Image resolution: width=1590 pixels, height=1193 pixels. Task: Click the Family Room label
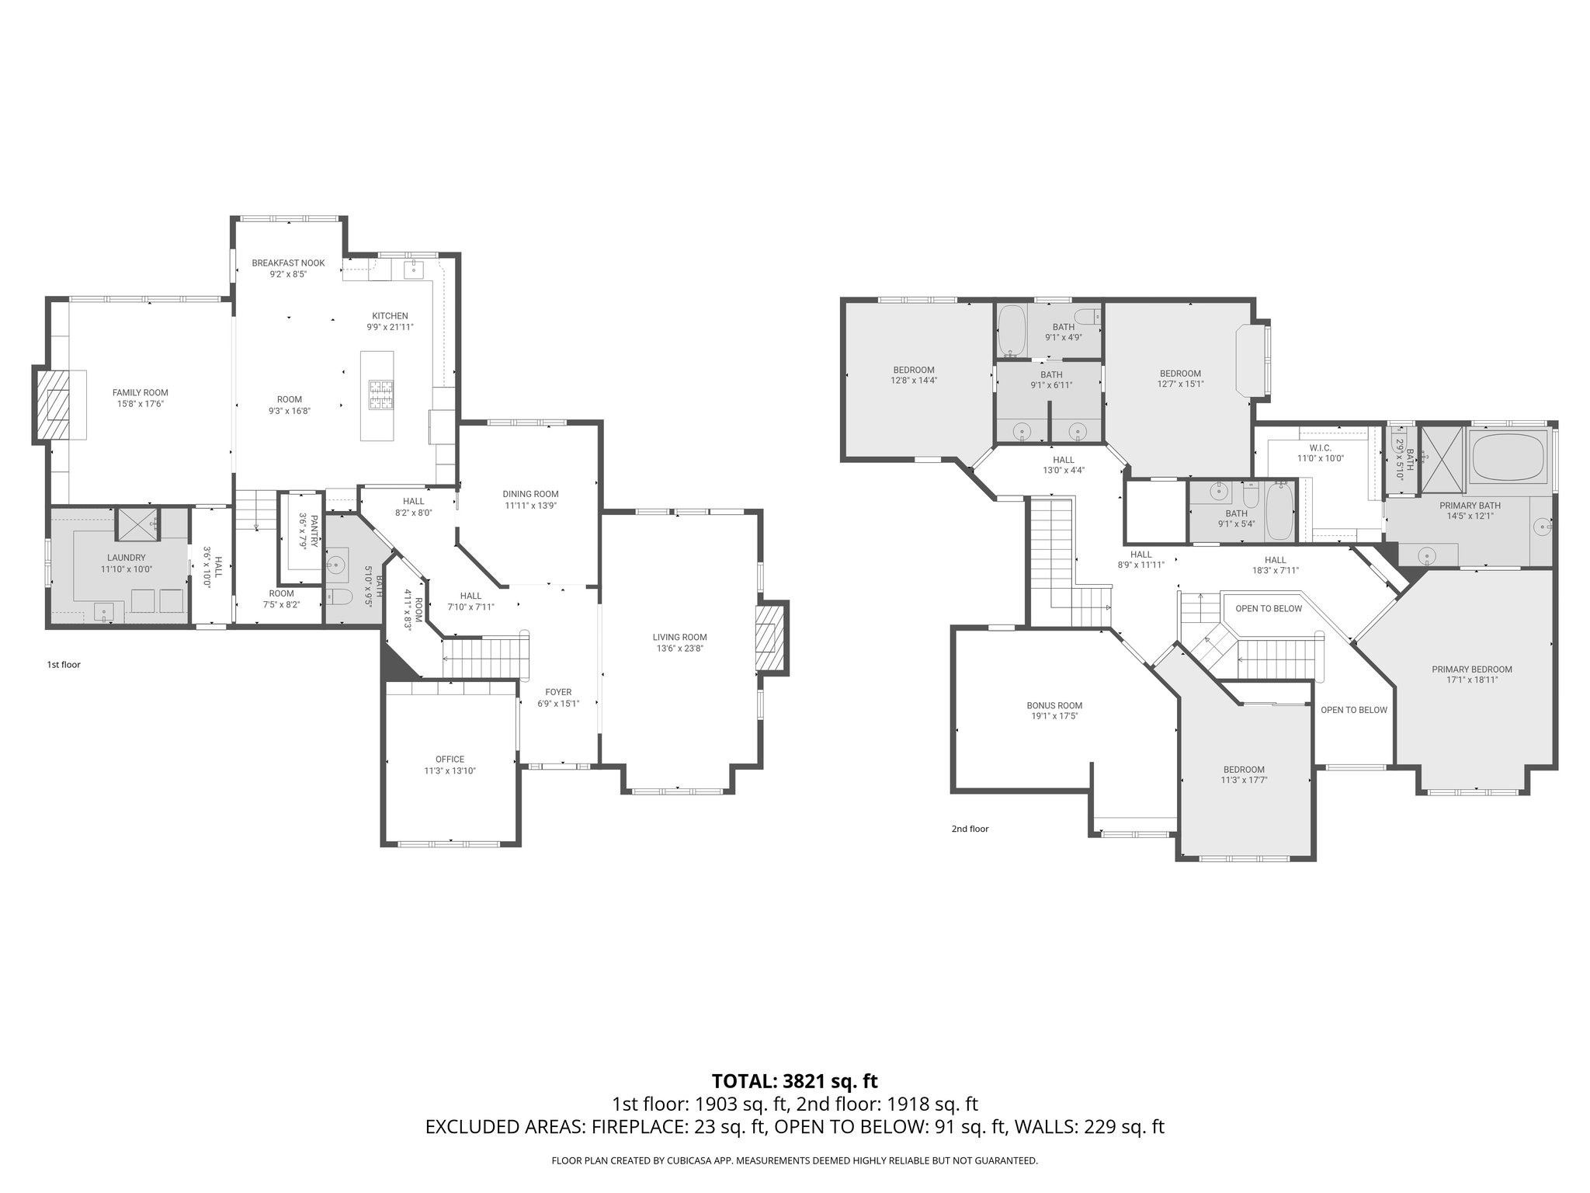coord(140,393)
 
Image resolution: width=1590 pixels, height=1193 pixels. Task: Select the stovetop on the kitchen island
coord(381,394)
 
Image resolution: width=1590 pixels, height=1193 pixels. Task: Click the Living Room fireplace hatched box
coord(770,637)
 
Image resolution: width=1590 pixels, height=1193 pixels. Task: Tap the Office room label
coord(450,760)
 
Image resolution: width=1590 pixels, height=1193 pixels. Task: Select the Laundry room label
coord(127,558)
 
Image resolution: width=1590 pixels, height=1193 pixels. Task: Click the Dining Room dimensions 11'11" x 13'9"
coord(530,505)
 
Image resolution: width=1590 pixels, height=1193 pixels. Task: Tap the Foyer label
coord(558,692)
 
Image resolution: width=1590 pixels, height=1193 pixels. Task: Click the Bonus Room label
coord(1054,706)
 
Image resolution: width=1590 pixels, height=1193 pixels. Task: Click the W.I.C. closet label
coord(1320,448)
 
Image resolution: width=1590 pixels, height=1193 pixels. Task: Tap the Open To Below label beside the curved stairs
coord(1269,608)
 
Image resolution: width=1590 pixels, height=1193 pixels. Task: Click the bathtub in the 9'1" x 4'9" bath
coord(1012,329)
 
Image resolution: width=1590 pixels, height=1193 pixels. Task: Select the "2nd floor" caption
coord(970,829)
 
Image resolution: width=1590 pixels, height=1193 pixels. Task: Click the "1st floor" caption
coord(64,665)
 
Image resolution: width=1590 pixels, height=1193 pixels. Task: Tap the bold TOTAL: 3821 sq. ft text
coord(794,1080)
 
